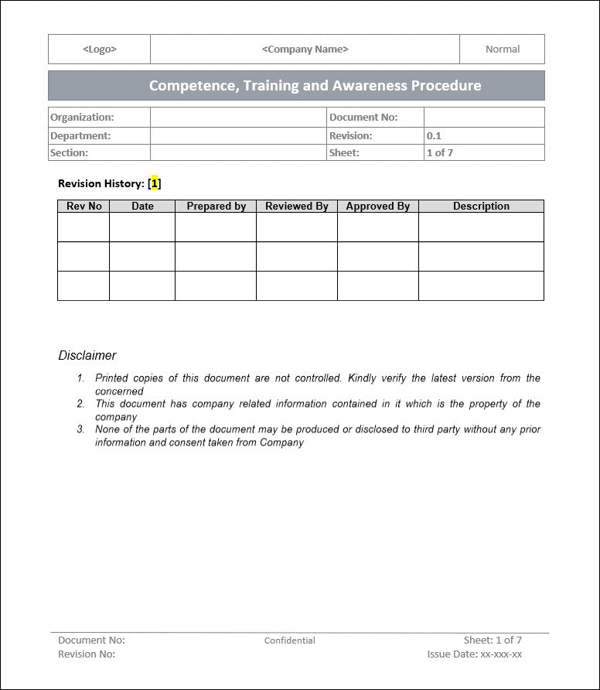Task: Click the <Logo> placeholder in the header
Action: [x=99, y=50]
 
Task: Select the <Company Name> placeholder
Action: [x=305, y=50]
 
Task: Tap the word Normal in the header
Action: [x=503, y=50]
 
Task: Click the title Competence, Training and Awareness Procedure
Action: [x=315, y=86]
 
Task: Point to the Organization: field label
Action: [x=82, y=118]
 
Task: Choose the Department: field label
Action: [x=80, y=135]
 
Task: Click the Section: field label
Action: [x=69, y=152]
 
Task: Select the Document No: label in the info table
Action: [x=363, y=118]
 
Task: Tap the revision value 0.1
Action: [x=434, y=135]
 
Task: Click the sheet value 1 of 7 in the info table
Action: [x=440, y=152]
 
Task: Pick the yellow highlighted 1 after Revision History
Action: [x=155, y=183]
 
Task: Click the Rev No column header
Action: [x=84, y=207]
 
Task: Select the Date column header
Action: [x=142, y=207]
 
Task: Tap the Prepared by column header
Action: [x=216, y=207]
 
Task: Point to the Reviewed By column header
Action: [x=297, y=207]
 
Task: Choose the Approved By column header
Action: [x=378, y=207]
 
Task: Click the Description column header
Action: [x=481, y=207]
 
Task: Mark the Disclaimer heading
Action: [x=87, y=356]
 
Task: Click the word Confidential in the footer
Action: [x=290, y=640]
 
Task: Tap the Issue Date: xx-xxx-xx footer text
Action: [x=474, y=654]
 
